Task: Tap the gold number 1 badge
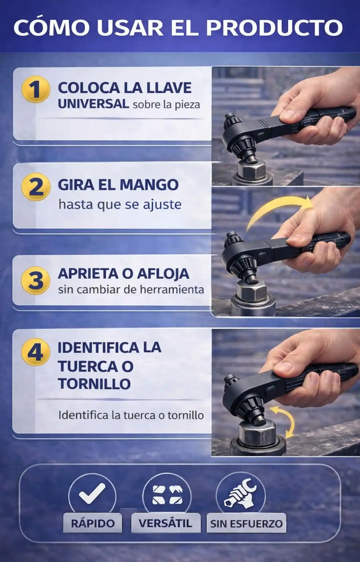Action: pyautogui.click(x=36, y=89)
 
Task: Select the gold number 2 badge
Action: pyautogui.click(x=36, y=187)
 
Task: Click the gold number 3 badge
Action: pyautogui.click(x=36, y=280)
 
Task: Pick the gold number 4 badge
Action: pyautogui.click(x=36, y=352)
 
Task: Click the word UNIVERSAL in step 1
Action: pyautogui.click(x=93, y=104)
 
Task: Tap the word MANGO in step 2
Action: pyautogui.click(x=149, y=185)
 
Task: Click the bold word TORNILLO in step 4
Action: pyautogui.click(x=94, y=384)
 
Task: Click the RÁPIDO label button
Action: pyautogui.click(x=93, y=523)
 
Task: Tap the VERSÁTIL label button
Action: pyautogui.click(x=165, y=523)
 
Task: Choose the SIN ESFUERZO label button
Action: pyautogui.click(x=246, y=524)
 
